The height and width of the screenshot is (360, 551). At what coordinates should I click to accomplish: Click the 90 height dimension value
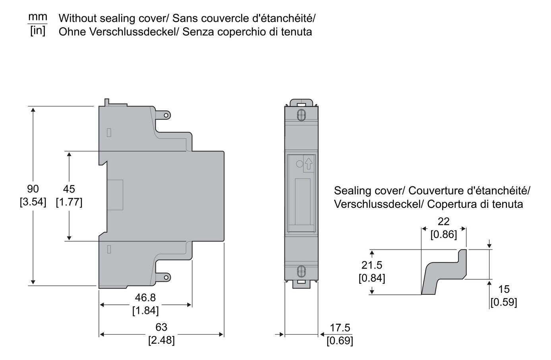pyautogui.click(x=33, y=189)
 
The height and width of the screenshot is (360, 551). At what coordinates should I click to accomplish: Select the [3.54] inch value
pyautogui.click(x=33, y=202)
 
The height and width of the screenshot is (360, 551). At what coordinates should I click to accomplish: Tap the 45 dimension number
pyautogui.click(x=69, y=189)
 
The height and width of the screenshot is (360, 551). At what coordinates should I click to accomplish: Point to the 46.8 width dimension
pyautogui.click(x=145, y=298)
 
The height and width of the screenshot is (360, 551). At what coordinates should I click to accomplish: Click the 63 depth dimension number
pyautogui.click(x=161, y=327)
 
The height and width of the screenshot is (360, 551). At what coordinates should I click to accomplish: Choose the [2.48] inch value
pyautogui.click(x=161, y=340)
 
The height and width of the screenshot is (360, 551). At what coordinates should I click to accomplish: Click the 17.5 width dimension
pyautogui.click(x=340, y=328)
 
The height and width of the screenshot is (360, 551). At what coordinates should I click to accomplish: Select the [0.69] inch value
pyautogui.click(x=340, y=341)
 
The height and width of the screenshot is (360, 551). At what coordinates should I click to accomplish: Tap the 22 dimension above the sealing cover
pyautogui.click(x=443, y=222)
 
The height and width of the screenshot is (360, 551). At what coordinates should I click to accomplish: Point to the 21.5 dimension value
pyautogui.click(x=372, y=265)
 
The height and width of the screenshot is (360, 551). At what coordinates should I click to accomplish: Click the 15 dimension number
pyautogui.click(x=504, y=289)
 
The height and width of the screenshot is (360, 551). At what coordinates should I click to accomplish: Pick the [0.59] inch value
pyautogui.click(x=504, y=302)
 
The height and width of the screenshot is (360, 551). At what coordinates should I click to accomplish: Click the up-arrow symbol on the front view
pyautogui.click(x=309, y=164)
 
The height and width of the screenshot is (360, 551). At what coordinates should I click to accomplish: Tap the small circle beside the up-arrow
pyautogui.click(x=300, y=164)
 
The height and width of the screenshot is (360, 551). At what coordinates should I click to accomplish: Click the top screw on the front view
pyautogui.click(x=301, y=115)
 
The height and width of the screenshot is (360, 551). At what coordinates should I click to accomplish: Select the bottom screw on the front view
pyautogui.click(x=301, y=272)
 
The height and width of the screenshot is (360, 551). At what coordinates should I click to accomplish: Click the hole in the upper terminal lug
pyautogui.click(x=166, y=115)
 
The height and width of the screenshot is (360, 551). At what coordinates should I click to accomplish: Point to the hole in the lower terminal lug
pyautogui.click(x=166, y=278)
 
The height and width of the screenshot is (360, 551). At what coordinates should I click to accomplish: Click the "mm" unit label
pyautogui.click(x=38, y=17)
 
